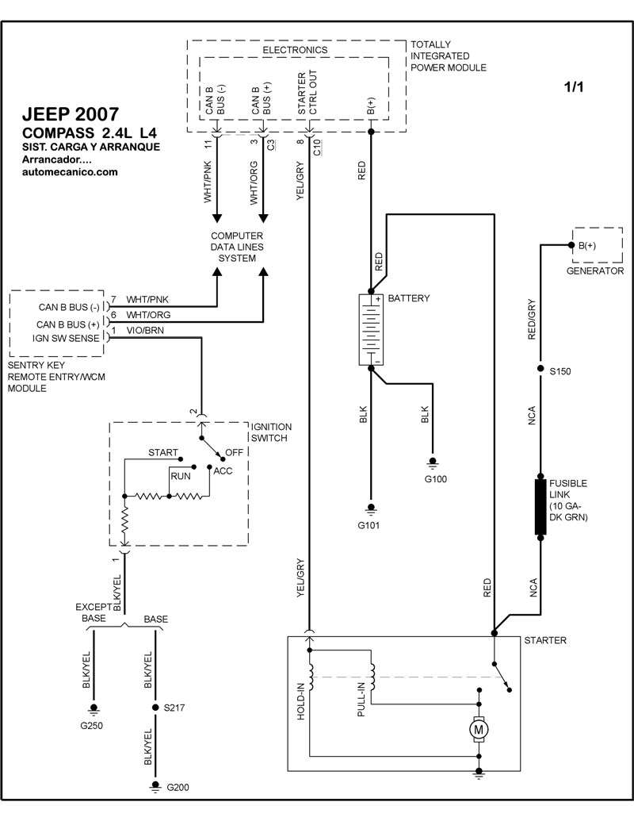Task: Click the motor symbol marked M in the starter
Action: (478, 727)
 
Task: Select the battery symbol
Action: (370, 330)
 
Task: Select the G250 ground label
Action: (91, 725)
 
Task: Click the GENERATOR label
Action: (595, 270)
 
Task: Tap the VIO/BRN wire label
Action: (147, 330)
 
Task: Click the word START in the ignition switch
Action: (162, 452)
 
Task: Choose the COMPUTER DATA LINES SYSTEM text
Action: (238, 247)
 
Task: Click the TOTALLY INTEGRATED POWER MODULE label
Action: (449, 56)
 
